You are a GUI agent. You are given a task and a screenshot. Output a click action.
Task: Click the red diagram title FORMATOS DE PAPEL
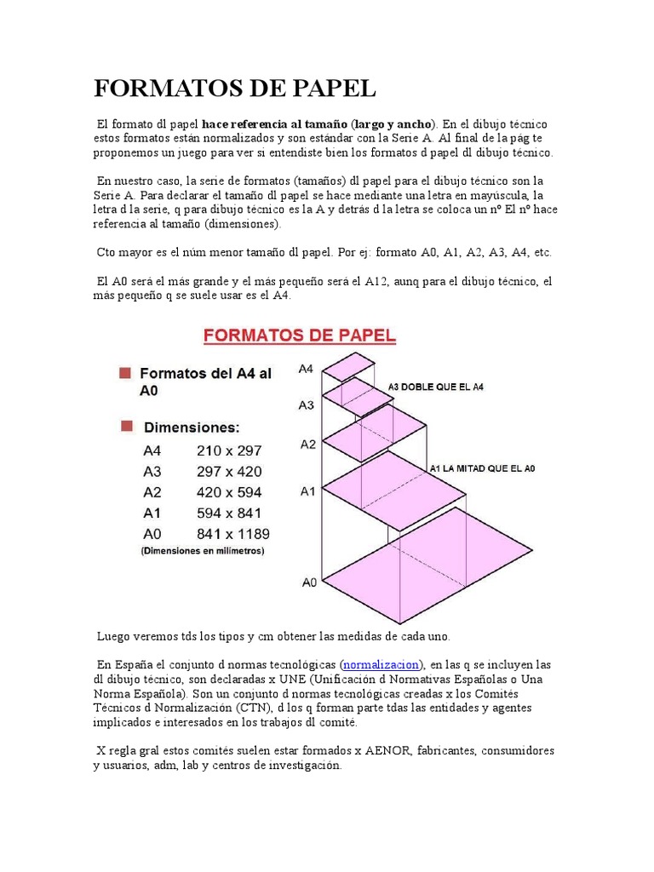click(299, 336)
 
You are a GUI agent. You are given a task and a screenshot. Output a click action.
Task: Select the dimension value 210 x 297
click(229, 450)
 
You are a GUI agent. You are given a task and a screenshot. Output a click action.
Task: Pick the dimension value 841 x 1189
click(233, 534)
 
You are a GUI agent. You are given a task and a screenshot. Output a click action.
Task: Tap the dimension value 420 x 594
click(229, 492)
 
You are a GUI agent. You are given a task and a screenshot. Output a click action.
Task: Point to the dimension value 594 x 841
click(229, 513)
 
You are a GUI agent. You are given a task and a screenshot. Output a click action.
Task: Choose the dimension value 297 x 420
click(229, 472)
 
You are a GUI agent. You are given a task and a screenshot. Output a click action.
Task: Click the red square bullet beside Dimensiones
click(126, 425)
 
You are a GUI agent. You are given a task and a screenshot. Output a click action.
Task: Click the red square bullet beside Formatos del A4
click(126, 373)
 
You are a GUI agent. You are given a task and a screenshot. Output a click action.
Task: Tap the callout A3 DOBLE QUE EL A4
click(435, 387)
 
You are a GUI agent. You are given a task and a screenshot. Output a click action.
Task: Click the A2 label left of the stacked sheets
click(307, 445)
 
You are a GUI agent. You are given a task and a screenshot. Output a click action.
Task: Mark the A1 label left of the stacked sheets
click(307, 491)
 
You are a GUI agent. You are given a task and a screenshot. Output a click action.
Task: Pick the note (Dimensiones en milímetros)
click(203, 552)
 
